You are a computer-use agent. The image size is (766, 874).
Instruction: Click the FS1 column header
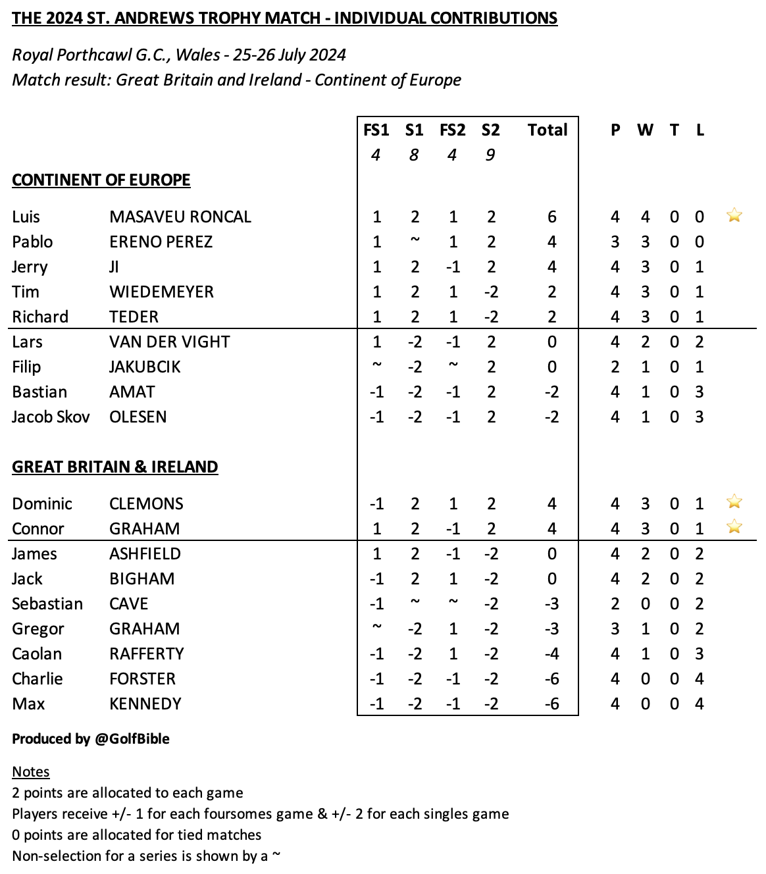tap(376, 130)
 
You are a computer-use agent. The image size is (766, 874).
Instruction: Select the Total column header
tap(547, 130)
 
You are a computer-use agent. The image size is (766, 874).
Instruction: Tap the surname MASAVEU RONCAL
tap(180, 217)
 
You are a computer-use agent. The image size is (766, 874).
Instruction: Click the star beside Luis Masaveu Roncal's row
tap(734, 215)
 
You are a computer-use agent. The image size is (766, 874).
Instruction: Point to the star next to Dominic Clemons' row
tap(734, 502)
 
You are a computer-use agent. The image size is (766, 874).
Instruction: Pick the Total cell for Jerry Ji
tap(551, 267)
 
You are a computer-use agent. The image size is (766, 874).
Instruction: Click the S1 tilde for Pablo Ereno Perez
tap(415, 240)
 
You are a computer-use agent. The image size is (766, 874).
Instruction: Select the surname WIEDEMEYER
tap(161, 292)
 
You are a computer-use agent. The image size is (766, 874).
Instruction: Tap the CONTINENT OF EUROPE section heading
tap(101, 180)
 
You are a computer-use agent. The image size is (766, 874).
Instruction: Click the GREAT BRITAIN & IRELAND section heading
tap(115, 467)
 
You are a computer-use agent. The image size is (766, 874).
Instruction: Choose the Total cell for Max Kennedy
tap(551, 704)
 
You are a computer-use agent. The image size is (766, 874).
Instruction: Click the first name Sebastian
tap(47, 604)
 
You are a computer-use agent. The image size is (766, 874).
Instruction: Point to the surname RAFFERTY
tap(147, 654)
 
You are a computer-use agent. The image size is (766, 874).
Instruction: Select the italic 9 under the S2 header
tap(490, 155)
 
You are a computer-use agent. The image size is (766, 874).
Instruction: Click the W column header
tap(645, 130)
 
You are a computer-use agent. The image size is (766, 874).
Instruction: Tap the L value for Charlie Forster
tap(700, 679)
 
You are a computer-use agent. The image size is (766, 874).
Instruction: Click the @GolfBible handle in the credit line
tap(132, 739)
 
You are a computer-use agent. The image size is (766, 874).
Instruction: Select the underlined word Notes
tap(31, 772)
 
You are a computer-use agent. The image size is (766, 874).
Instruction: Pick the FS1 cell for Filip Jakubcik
tap(376, 365)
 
